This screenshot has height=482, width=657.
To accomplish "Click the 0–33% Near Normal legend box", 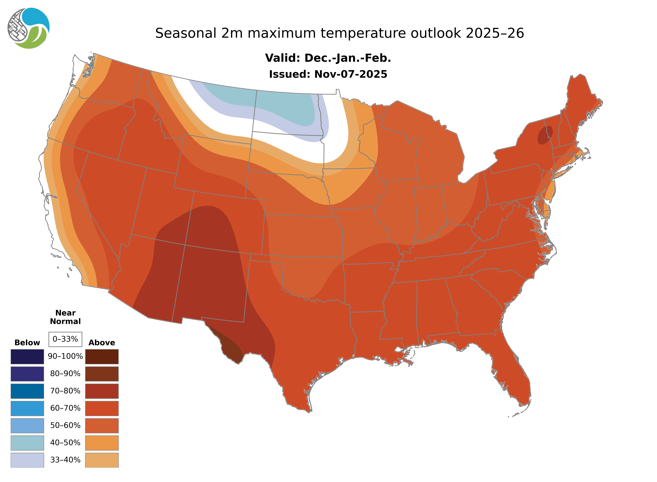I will pos(65,339).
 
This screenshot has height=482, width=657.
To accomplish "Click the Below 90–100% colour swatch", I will pos(27,357).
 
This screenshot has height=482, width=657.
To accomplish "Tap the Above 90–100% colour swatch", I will pos(102,357).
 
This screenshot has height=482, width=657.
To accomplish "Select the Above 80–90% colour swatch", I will pos(102,374).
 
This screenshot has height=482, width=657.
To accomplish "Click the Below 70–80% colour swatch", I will pos(27,391).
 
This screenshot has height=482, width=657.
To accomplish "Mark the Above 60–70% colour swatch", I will pos(102,408).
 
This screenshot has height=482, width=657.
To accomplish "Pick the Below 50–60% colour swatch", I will pos(27,425).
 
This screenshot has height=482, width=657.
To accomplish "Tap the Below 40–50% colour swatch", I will pos(27,443).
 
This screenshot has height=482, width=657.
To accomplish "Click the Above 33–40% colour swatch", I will pos(102,460).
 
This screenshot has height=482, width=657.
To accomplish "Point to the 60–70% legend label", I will pos(65,408).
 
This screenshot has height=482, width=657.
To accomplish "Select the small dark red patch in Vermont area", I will pos(544,135).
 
